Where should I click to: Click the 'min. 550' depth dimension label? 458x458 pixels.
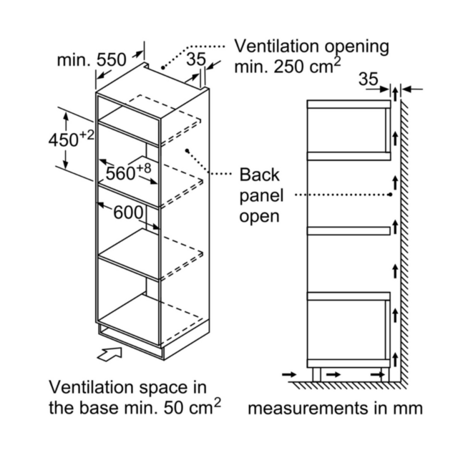coord(92,60)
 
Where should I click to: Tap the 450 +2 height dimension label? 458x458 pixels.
coord(72,138)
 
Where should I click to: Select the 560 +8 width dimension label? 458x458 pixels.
coord(129,172)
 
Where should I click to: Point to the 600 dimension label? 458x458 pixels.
coord(129,213)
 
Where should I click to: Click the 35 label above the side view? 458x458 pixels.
coord(369,79)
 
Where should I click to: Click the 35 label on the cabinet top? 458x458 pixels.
coord(196,59)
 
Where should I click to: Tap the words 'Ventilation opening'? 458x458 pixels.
coord(312,47)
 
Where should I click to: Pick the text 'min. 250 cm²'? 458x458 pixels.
coord(288,66)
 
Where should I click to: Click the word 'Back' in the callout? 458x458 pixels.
coord(259,175)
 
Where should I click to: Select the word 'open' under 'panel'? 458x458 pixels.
coord(259,216)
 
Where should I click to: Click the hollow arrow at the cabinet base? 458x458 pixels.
coord(109,354)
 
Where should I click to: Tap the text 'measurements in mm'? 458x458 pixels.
coord(335,408)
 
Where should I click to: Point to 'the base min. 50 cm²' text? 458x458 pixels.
coord(135,406)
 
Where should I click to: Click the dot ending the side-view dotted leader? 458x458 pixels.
coord(390,195)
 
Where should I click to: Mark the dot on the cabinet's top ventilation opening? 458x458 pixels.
coord(162,68)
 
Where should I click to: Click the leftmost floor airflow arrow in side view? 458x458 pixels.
coord(289,374)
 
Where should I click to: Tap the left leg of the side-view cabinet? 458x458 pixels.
coord(316,374)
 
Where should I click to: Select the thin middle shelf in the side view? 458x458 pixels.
coord(349,230)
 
